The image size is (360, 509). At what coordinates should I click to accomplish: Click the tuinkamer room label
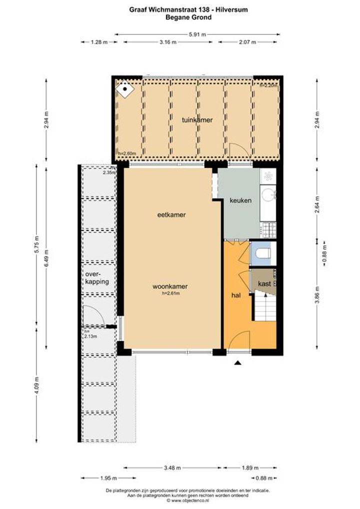click(x=197, y=120)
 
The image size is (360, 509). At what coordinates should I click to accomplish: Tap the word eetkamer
click(x=171, y=214)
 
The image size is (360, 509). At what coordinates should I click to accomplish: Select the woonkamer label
click(x=170, y=286)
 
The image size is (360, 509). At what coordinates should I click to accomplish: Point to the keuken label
click(x=240, y=200)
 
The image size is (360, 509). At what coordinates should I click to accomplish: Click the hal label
click(x=236, y=295)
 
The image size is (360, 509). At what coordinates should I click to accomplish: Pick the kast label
click(x=264, y=283)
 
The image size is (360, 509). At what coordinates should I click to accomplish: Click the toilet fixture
click(x=263, y=253)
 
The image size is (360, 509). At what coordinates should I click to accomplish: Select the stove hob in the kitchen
click(x=269, y=230)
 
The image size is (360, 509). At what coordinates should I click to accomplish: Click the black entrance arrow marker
click(x=238, y=363)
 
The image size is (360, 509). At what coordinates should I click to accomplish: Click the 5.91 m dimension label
click(x=197, y=34)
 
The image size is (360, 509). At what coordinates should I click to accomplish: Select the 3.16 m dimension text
click(x=168, y=42)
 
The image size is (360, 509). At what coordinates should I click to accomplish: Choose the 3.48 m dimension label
click(x=172, y=468)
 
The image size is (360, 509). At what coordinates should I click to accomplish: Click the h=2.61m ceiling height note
click(x=170, y=293)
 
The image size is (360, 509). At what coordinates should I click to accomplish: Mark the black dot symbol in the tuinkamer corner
click(x=125, y=88)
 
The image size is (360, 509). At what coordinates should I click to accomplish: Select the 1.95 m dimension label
click(x=108, y=478)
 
